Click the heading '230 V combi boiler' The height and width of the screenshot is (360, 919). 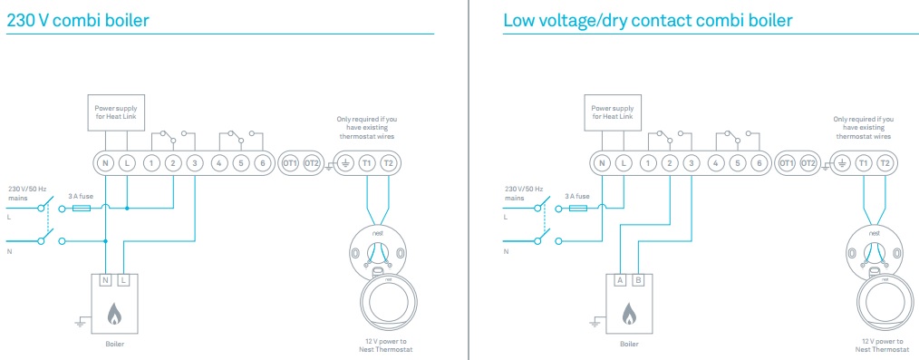77,21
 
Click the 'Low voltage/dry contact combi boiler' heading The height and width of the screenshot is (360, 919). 648,21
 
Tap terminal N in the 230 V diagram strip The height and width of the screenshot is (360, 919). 105,163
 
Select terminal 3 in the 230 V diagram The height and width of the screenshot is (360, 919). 195,163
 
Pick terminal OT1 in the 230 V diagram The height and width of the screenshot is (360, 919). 290,163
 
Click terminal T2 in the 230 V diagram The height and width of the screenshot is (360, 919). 388,163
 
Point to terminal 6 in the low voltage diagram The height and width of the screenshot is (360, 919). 759,163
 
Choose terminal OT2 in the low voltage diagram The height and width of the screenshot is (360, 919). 808,163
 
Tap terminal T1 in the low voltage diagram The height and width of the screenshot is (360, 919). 864,163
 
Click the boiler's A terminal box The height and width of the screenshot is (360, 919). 621,280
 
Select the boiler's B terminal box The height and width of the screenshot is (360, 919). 638,280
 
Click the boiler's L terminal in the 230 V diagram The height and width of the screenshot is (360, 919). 123,280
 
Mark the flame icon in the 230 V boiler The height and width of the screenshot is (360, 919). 113,314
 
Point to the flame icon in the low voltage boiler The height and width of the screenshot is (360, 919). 629,314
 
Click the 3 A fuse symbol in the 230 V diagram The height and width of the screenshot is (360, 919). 81,208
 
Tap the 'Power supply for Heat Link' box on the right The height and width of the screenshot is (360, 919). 613,112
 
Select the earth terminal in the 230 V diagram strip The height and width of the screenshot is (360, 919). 345,163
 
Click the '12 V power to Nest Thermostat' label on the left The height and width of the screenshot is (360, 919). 386,345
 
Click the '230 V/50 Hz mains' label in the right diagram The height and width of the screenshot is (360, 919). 523,194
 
